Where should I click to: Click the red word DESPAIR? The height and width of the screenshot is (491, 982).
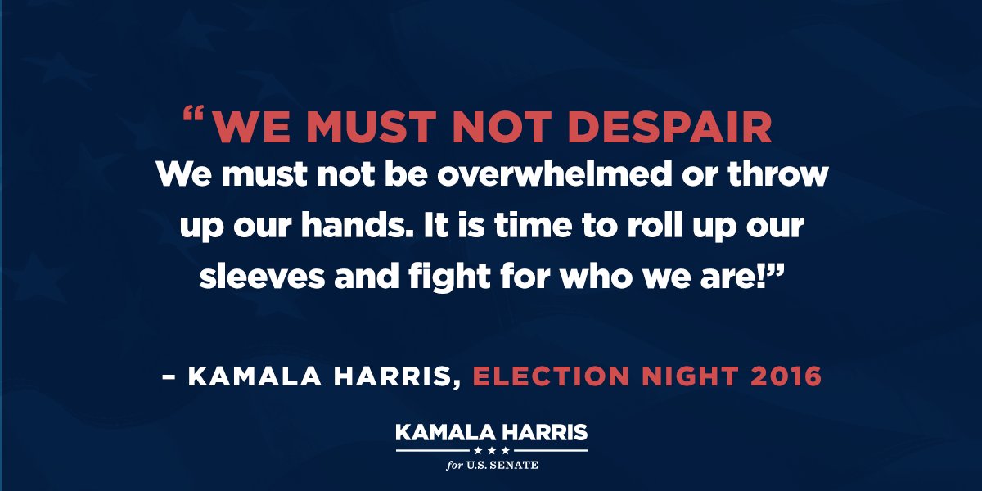pos(672,127)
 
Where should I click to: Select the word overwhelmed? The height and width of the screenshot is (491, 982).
pos(555,174)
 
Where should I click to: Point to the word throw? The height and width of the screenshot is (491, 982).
pos(777,174)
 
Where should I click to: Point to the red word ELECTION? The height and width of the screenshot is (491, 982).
pos(551,376)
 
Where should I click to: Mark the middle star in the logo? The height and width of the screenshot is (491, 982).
pos(492,450)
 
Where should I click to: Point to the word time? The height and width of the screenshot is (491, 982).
pos(533,225)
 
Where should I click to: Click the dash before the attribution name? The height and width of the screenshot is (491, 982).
pos(169,376)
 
